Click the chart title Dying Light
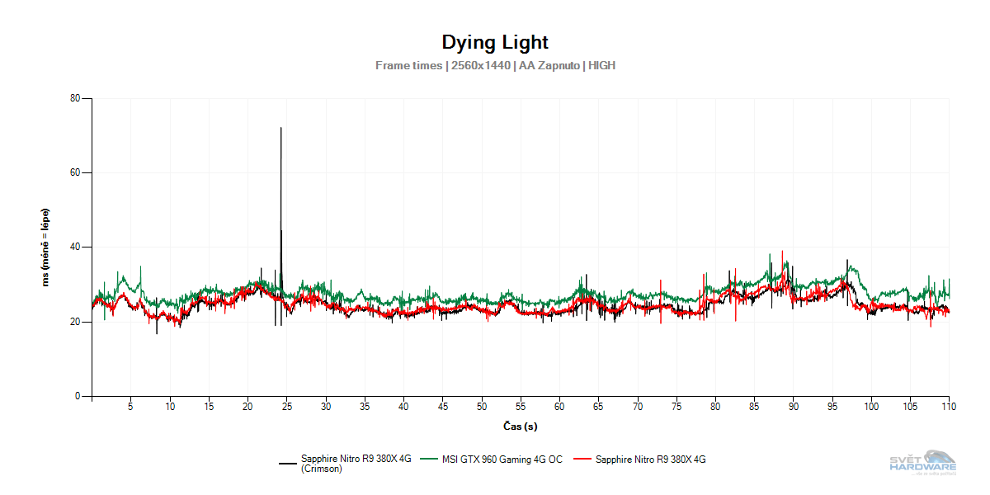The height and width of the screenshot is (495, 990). [x=494, y=42]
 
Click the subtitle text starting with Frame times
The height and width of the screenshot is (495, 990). [x=495, y=65]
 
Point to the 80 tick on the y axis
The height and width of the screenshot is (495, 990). [x=75, y=99]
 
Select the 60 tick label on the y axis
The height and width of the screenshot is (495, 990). [x=75, y=173]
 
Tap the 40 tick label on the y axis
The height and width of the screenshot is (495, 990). [x=75, y=247]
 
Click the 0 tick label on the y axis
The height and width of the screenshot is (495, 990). [x=78, y=396]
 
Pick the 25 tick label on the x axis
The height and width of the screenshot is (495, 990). [x=287, y=407]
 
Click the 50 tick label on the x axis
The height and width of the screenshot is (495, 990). [x=482, y=407]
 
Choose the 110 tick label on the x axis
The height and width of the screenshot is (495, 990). [x=949, y=407]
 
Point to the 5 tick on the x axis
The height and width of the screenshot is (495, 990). [x=130, y=407]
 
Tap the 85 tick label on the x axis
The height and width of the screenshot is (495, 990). [x=755, y=407]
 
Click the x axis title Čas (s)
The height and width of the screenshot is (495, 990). [x=521, y=427]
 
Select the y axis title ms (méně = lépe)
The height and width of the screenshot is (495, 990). [x=45, y=247]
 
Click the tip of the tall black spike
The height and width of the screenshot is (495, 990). [x=281, y=128]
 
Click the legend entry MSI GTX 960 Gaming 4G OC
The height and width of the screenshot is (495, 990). [x=502, y=460]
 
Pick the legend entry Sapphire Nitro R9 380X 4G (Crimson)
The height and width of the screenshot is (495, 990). [x=356, y=464]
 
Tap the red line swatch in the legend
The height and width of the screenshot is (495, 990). [x=582, y=460]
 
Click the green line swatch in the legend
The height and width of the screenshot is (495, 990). [x=428, y=460]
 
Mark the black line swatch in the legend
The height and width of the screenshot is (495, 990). [x=288, y=464]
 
